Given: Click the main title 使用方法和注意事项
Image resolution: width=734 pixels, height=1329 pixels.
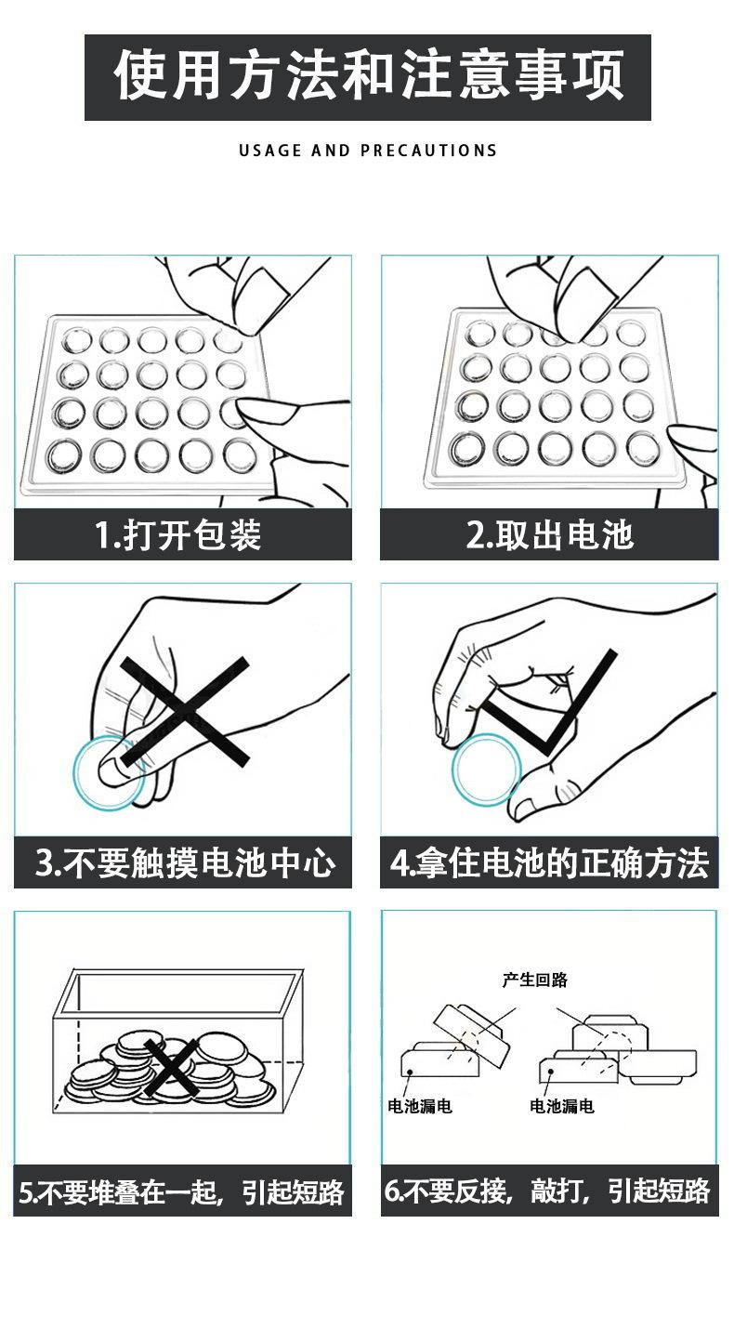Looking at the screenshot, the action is [x=368, y=75].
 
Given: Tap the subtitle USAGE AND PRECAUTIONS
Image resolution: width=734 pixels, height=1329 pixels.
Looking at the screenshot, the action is [x=368, y=151].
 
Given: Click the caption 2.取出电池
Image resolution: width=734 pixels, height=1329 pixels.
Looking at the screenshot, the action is [x=549, y=534].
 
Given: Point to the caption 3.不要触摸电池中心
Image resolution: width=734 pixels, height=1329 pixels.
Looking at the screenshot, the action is [x=184, y=862].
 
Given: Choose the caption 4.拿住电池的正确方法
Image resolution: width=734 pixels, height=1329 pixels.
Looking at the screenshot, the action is [x=549, y=862].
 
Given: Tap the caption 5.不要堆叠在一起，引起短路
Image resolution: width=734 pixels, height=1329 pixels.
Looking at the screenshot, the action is [x=181, y=1191].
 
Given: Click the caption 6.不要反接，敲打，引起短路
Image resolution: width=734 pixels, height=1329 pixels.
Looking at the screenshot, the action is [x=547, y=1191].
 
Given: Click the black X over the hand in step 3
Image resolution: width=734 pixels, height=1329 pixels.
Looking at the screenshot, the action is [x=185, y=711].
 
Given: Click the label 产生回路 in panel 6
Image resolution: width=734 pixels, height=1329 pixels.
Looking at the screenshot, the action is [x=535, y=980].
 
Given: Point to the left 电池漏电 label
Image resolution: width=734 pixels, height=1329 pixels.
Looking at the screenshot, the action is [x=420, y=1106].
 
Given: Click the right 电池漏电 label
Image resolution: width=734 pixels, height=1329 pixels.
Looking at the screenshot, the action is [x=562, y=1106].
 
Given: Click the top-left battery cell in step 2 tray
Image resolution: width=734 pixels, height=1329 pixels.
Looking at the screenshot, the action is [x=480, y=334].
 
